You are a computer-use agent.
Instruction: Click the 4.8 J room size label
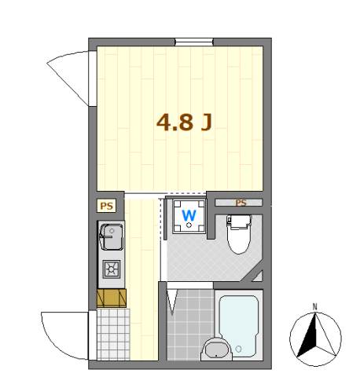[186, 123]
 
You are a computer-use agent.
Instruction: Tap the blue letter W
[189, 214]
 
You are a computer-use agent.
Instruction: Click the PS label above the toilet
[241, 203]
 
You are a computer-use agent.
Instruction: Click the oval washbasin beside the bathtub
[214, 349]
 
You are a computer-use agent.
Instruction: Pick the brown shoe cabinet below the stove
[111, 298]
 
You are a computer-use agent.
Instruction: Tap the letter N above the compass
[314, 307]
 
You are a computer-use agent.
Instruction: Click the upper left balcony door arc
[69, 75]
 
